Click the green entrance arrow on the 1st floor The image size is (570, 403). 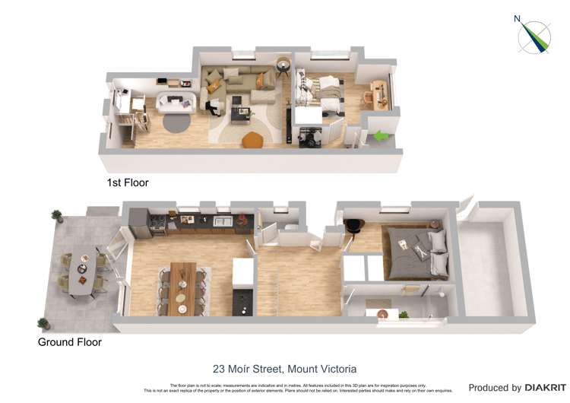click(382, 136)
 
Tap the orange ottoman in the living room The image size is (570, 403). click(252, 140)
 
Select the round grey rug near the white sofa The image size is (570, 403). click(176, 121)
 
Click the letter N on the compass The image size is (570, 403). click(518, 19)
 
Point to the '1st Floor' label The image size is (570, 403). click(128, 182)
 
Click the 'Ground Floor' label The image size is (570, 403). click(70, 342)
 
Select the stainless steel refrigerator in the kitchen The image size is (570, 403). click(140, 222)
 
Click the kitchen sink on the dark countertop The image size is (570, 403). click(223, 221)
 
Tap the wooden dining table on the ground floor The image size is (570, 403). click(182, 287)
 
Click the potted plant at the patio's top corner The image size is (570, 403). click(56, 216)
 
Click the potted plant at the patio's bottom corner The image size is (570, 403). click(43, 323)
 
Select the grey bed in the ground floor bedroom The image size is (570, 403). click(416, 252)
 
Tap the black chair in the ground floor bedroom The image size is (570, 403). click(353, 225)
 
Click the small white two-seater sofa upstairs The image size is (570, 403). click(177, 103)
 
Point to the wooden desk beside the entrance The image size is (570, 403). click(380, 94)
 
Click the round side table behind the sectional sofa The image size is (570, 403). click(283, 64)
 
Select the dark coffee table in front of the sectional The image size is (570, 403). click(242, 115)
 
